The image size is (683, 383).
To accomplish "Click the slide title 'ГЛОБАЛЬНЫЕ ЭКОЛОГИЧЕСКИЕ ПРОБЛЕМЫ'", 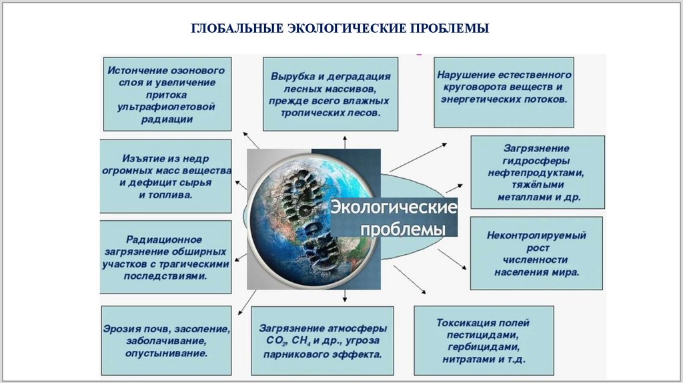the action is pyautogui.click(x=341, y=29).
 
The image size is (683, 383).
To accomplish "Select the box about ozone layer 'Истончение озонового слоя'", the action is pyautogui.click(x=167, y=94).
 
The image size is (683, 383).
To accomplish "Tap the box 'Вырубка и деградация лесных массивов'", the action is pyautogui.click(x=330, y=95).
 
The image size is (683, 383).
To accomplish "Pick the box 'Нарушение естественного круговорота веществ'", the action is pyautogui.click(x=504, y=92).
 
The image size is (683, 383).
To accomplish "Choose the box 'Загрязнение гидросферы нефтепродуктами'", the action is pyautogui.click(x=538, y=172).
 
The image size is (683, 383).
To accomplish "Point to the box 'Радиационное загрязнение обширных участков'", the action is pyautogui.click(x=167, y=257).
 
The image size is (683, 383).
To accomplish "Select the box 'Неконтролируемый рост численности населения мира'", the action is pyautogui.click(x=536, y=254).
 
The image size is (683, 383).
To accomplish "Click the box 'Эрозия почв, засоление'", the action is pyautogui.click(x=167, y=340).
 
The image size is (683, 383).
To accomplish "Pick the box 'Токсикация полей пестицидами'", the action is pyautogui.click(x=484, y=340).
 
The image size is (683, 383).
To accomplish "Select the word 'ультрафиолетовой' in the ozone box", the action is pyautogui.click(x=167, y=107).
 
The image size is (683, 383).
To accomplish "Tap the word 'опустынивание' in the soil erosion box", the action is pyautogui.click(x=167, y=353).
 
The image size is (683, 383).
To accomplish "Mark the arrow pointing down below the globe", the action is pyautogui.click(x=345, y=296).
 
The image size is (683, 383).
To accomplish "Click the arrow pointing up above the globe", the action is pyautogui.click(x=345, y=141).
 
